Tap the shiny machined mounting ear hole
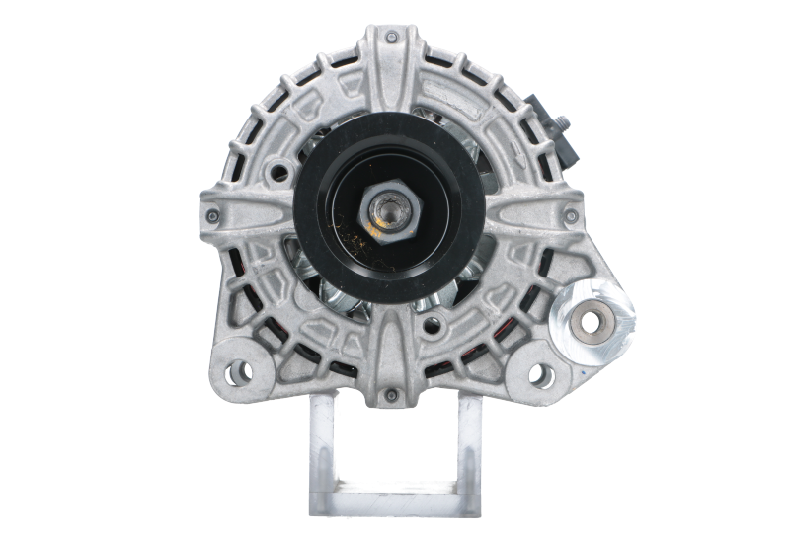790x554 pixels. (592, 322)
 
